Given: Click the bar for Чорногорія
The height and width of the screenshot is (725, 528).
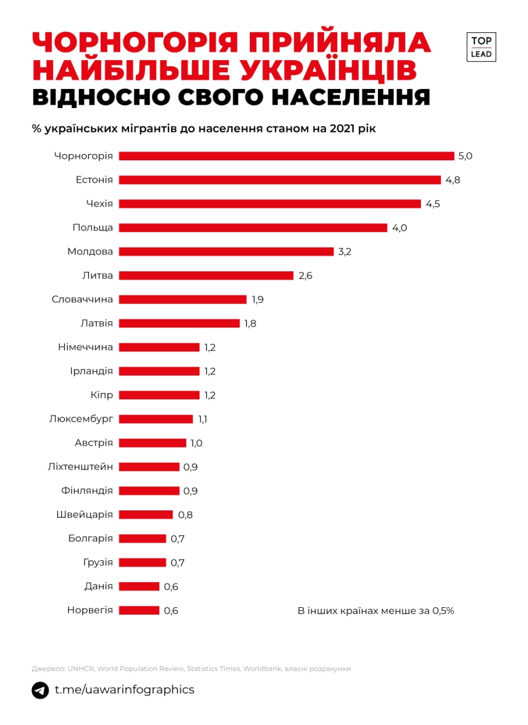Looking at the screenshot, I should [286, 156].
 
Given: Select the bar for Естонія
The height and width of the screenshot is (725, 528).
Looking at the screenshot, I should [279, 180].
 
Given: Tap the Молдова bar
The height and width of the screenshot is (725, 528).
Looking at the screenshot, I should [226, 251].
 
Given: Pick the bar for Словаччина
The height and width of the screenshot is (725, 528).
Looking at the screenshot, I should [182, 299].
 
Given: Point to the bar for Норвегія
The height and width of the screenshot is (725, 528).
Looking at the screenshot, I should [139, 610].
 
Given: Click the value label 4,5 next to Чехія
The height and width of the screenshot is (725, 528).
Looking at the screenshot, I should [433, 204].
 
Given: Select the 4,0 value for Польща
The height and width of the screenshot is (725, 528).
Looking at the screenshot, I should [399, 228].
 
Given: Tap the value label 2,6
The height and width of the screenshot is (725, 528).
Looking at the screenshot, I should [305, 276].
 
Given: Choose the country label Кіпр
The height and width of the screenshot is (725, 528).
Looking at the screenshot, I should [101, 395].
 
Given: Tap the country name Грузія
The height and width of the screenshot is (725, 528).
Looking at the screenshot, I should [97, 562].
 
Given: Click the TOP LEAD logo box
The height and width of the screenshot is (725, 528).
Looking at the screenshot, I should [480, 47].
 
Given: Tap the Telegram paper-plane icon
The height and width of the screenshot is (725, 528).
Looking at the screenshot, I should [40, 690].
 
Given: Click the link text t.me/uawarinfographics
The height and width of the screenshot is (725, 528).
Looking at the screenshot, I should [124, 690].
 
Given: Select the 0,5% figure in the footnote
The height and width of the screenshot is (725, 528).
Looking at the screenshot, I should [443, 611].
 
